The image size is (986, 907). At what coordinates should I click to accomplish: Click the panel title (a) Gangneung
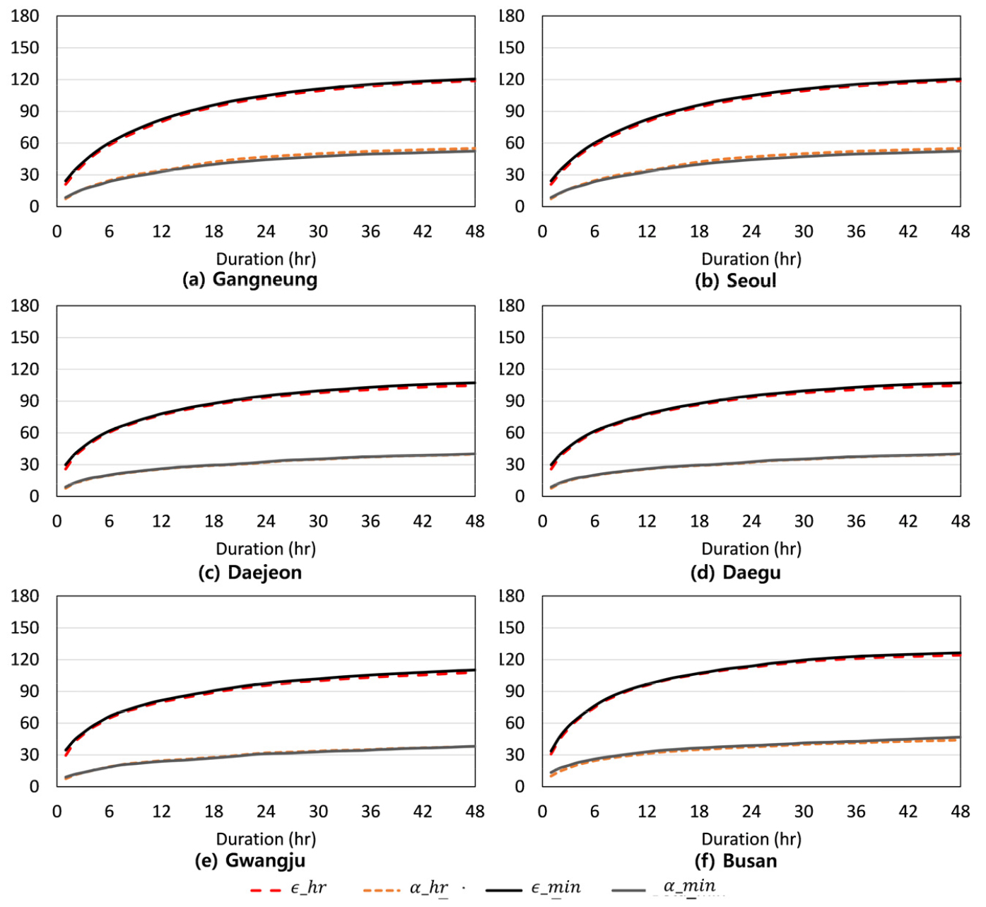click(250, 279)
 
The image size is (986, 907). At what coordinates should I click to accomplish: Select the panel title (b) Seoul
click(735, 281)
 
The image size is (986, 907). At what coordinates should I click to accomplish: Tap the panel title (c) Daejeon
click(250, 572)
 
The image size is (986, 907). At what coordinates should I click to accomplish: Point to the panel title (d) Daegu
click(735, 572)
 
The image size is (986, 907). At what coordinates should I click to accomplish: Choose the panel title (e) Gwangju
click(250, 860)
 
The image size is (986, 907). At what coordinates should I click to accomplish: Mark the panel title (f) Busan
click(735, 860)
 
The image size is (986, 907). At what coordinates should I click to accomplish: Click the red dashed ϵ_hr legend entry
click(288, 888)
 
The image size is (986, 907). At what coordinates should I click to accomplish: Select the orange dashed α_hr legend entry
click(406, 888)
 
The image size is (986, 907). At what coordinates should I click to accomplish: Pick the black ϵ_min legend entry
click(534, 888)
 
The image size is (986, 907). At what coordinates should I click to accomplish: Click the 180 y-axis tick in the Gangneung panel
click(25, 16)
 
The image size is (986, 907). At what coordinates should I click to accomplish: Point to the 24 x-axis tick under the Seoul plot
click(751, 231)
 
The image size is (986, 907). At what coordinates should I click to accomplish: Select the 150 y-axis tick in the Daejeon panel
click(25, 337)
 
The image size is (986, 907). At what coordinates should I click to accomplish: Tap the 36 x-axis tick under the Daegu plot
click(856, 521)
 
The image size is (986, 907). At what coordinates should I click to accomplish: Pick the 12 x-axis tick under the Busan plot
click(647, 811)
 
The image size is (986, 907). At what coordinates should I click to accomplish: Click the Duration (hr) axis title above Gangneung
click(266, 259)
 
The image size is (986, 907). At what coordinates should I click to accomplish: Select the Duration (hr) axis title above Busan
click(751, 839)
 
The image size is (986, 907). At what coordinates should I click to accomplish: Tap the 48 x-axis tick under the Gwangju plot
click(475, 811)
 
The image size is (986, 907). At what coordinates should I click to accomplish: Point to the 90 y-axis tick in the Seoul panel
click(515, 111)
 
